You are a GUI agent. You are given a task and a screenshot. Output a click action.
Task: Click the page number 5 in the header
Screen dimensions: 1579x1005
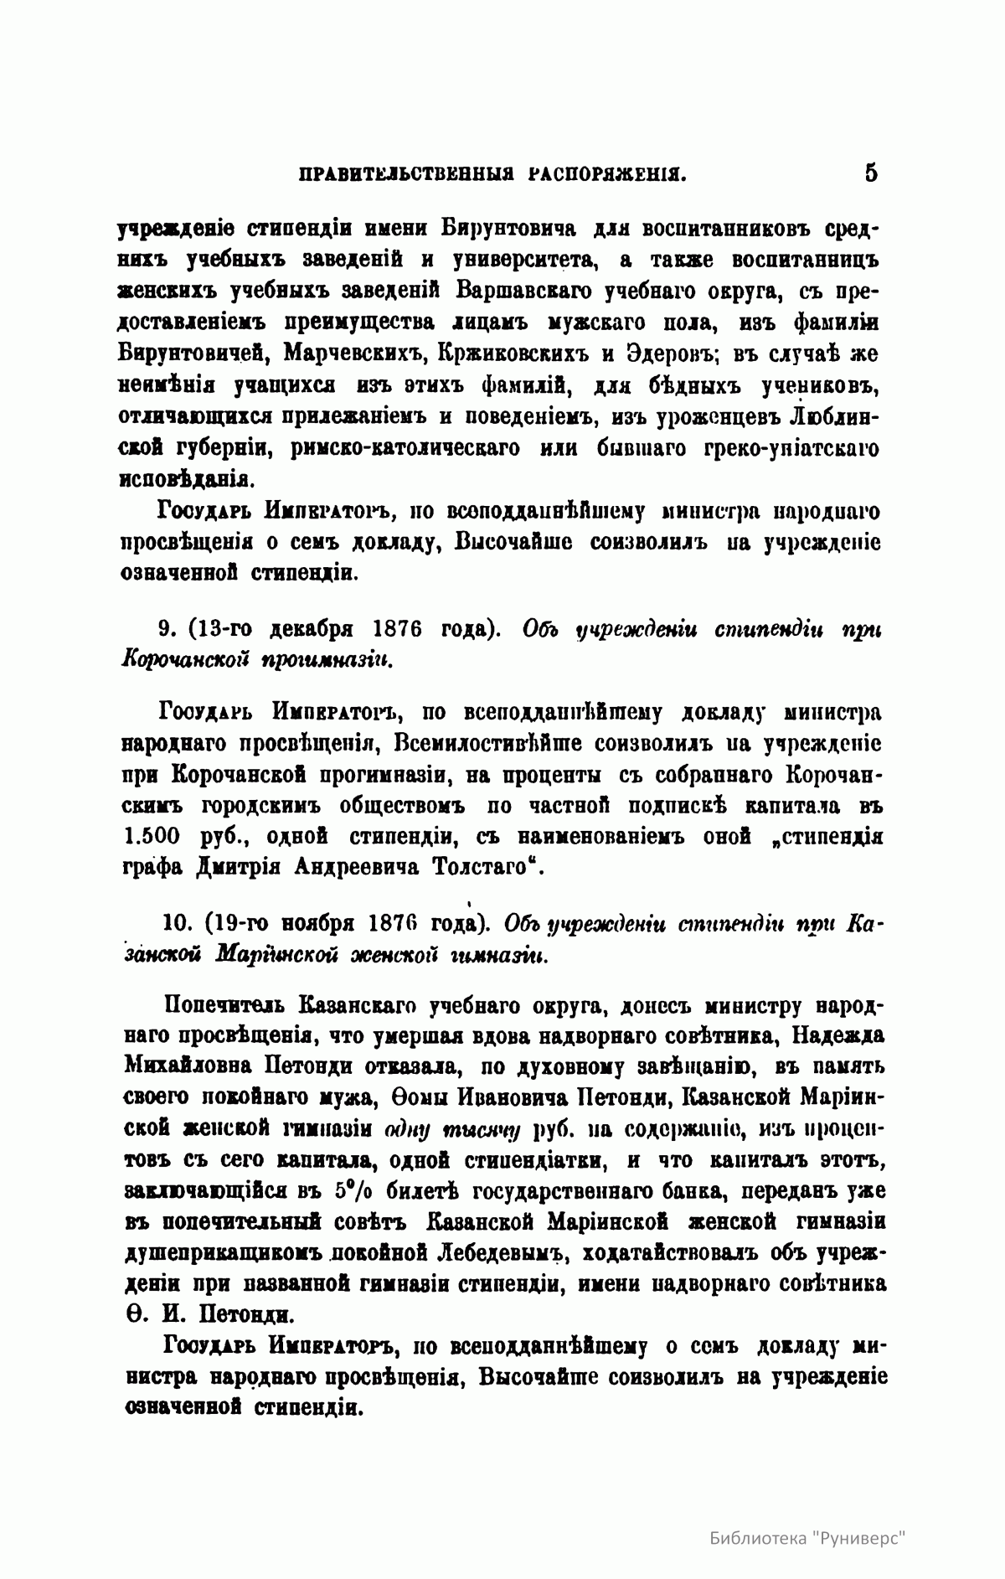point(870,174)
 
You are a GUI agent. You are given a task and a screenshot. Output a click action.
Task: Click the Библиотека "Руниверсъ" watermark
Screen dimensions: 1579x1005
point(809,1537)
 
